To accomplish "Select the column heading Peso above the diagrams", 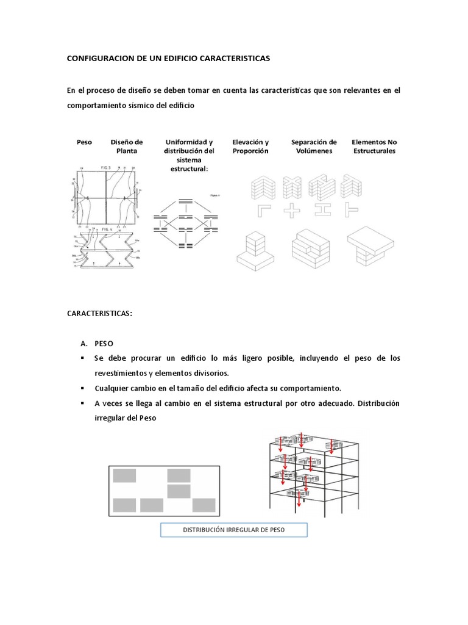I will (85, 142).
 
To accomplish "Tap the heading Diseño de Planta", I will (127, 146).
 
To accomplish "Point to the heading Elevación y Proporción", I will (250, 146).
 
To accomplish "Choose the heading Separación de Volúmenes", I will (314, 146).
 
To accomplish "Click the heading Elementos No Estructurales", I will (374, 146).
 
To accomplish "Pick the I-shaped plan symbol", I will (322, 211).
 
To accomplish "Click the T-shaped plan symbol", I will (352, 211).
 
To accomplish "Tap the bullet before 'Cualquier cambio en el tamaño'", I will (82, 388).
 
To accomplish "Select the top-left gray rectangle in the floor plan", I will (124, 475).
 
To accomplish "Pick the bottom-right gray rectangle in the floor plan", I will (204, 505).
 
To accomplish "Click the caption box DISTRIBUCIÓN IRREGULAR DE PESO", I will (234, 530).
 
